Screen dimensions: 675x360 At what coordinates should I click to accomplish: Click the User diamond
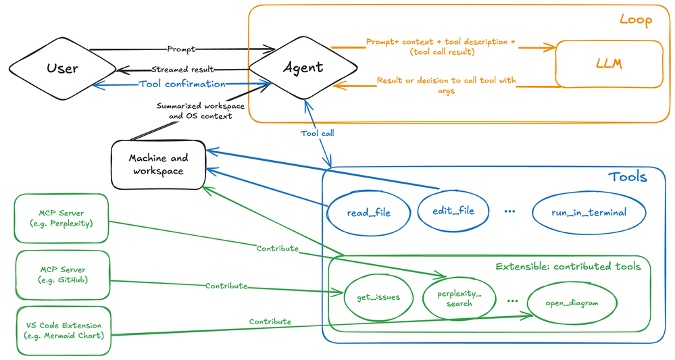pyautogui.click(x=62, y=68)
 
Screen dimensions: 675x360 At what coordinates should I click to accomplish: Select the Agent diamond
pyautogui.click(x=303, y=68)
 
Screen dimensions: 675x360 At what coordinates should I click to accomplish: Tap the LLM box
pyautogui.click(x=609, y=64)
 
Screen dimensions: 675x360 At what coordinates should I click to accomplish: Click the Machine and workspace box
pyautogui.click(x=158, y=165)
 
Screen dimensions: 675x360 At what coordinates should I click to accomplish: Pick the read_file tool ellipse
pyautogui.click(x=368, y=213)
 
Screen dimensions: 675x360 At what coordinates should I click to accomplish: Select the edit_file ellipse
pyautogui.click(x=453, y=211)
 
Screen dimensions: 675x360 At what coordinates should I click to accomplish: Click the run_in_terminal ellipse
pyautogui.click(x=589, y=213)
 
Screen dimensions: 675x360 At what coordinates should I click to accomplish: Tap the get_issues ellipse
pyautogui.click(x=378, y=297)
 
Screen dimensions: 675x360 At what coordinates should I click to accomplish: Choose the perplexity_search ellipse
pyautogui.click(x=459, y=299)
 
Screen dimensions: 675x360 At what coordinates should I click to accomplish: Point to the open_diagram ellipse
pyautogui.click(x=572, y=303)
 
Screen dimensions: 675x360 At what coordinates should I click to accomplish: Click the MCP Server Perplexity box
pyautogui.click(x=61, y=218)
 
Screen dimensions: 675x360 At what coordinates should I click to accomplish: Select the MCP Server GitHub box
pyautogui.click(x=63, y=275)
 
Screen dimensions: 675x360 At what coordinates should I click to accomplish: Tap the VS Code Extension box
pyautogui.click(x=64, y=331)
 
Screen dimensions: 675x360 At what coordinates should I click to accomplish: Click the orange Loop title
pyautogui.click(x=635, y=20)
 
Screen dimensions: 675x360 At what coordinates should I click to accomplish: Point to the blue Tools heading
pyautogui.click(x=627, y=177)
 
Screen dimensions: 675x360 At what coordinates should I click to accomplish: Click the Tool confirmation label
pyautogui.click(x=182, y=84)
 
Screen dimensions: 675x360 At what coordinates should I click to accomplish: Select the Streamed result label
pyautogui.click(x=182, y=70)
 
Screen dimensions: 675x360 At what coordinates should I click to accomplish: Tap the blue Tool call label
pyautogui.click(x=318, y=133)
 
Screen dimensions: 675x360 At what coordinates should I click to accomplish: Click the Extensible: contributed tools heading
pyautogui.click(x=568, y=267)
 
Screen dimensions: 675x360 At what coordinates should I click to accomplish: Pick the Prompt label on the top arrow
pyautogui.click(x=181, y=49)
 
